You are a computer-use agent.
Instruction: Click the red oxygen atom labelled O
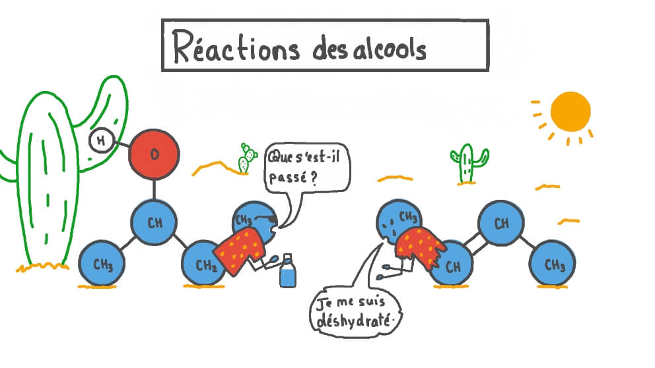click(154, 154)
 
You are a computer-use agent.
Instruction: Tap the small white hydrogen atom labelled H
click(100, 140)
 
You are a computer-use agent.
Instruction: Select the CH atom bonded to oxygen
click(155, 222)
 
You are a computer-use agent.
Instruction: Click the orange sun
click(570, 111)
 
